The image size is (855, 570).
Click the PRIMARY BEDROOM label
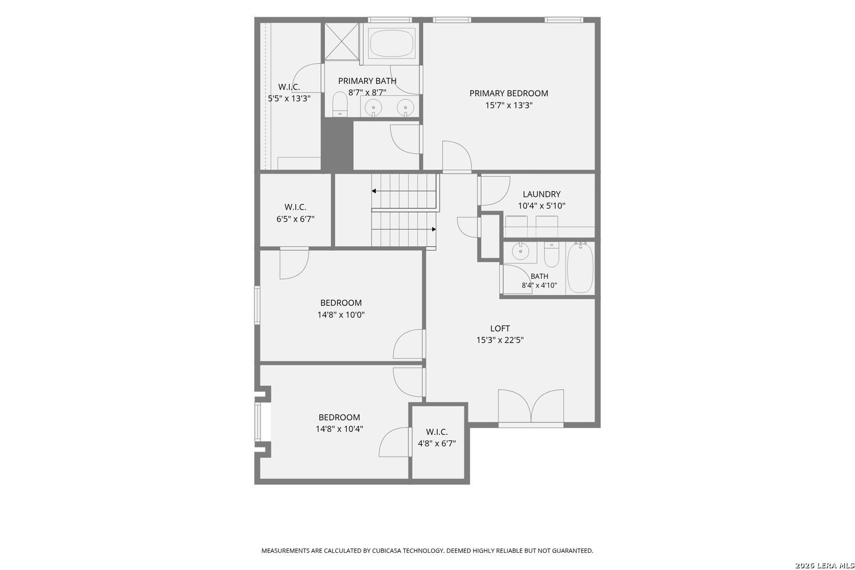pos(508,93)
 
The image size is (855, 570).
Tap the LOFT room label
pos(500,328)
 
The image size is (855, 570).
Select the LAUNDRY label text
pos(541,194)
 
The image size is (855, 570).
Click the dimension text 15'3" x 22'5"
pos(500,340)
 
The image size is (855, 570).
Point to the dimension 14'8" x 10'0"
pos(341,315)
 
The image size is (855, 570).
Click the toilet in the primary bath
pos(339,104)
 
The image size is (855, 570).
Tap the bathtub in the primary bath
pos(391,43)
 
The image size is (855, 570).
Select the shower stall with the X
pos(341,41)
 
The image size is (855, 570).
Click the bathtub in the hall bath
pos(580,268)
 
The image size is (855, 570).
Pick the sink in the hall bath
pos(519,252)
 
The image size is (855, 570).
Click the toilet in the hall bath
pos(551,255)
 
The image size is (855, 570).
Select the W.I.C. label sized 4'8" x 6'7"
pos(437,432)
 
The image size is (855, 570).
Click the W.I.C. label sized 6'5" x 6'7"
pos(295,207)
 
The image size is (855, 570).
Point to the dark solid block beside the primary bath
pos(337,144)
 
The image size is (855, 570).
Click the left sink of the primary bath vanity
pos(373,107)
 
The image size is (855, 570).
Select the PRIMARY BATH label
pos(367,81)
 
